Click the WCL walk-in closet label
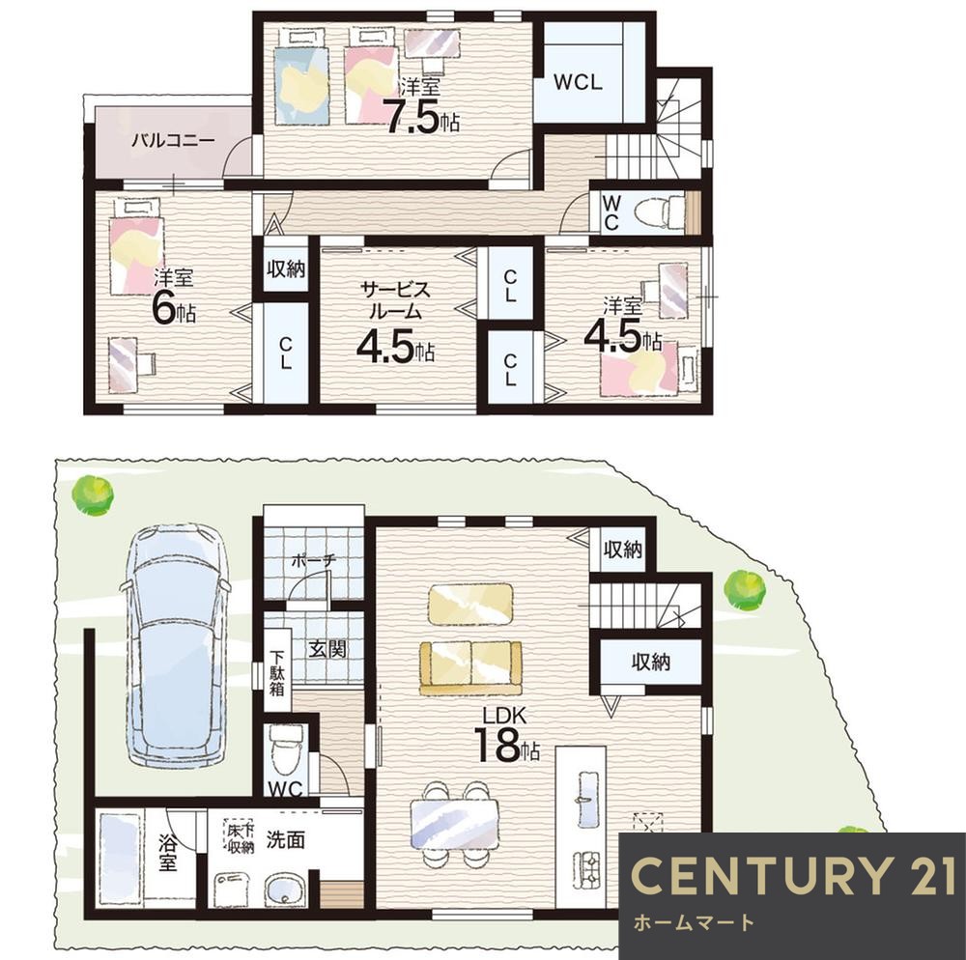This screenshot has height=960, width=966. click(578, 82)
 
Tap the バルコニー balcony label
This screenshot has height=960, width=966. click(174, 141)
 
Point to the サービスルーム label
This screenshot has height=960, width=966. click(395, 300)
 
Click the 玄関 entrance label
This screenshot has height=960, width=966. click(327, 648)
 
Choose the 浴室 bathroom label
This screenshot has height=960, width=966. click(167, 853)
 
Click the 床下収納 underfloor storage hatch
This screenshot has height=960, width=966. click(240, 838)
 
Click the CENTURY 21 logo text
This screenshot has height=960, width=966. click(793, 875)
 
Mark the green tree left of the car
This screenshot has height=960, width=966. click(93, 494)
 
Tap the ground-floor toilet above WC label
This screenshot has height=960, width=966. click(286, 748)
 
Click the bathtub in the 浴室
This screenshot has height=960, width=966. click(120, 859)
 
